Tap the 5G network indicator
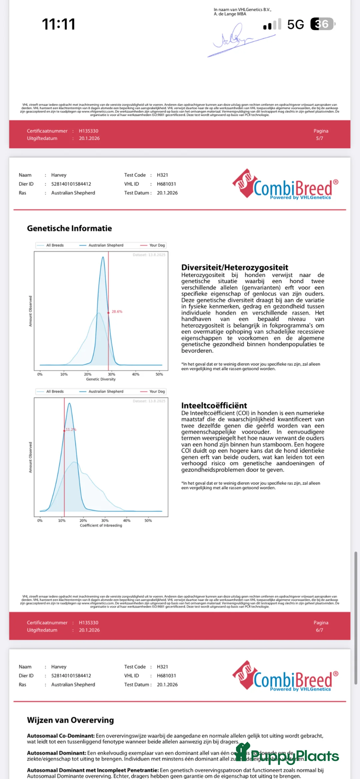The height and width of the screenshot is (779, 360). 295,24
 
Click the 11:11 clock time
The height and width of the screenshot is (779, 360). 59,24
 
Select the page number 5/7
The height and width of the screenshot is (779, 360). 319,138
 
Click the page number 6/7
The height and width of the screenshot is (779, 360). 319,630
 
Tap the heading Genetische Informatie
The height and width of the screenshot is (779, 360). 69,228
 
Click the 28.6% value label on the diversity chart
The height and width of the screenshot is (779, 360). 117,312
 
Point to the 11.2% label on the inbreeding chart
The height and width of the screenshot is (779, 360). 71,429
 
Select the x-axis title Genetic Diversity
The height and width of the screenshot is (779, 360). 101,379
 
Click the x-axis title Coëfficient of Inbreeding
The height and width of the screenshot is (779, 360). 101,525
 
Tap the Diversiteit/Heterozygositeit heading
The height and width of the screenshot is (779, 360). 235,267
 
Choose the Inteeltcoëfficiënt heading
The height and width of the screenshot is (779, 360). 214,405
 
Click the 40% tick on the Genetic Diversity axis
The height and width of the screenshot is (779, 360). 135,374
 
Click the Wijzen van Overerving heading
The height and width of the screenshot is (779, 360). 70,720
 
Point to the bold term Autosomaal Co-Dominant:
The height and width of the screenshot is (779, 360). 61,736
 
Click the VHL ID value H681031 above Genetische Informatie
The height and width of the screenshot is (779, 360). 166,184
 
